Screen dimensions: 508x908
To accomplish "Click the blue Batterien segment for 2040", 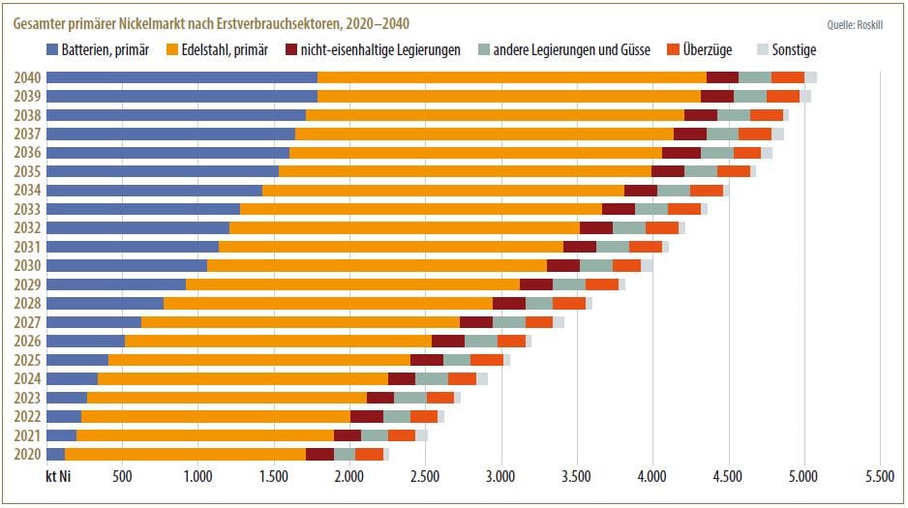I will [182, 77].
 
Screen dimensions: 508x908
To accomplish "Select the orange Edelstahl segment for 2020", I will [185, 454].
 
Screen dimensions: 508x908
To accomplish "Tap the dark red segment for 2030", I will [563, 265].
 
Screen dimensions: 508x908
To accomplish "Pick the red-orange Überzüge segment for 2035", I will [734, 171].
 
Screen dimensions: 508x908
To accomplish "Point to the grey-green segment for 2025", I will [457, 360].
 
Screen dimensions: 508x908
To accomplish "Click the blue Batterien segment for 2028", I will [105, 303].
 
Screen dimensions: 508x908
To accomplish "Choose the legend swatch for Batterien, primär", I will [52, 48].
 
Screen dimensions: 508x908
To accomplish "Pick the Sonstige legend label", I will [795, 48].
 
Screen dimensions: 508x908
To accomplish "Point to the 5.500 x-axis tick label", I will [879, 476].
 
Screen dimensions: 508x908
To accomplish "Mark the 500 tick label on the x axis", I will [122, 476].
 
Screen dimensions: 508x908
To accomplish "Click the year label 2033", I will [27, 209].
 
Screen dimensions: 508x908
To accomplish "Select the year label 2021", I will [27, 435].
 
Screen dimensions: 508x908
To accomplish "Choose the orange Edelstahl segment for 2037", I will [484, 134].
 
